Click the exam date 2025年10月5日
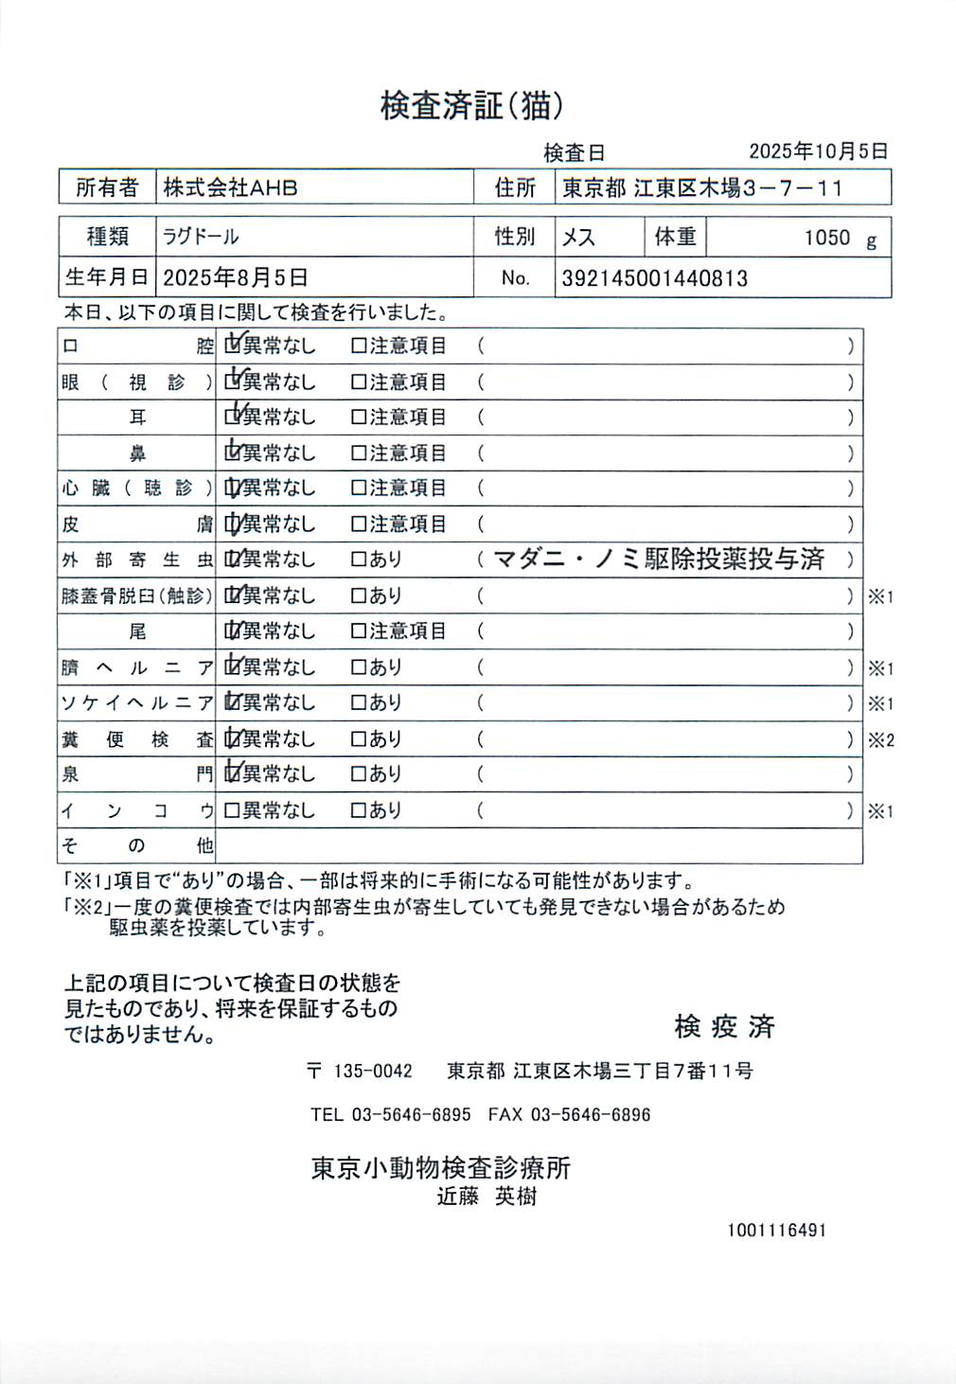(x=818, y=151)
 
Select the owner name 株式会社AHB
(x=230, y=187)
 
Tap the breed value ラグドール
(x=201, y=237)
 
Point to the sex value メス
(x=578, y=237)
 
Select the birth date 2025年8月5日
(x=235, y=277)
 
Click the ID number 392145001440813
(x=654, y=278)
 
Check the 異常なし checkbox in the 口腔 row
(x=232, y=346)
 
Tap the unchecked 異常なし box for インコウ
(x=232, y=810)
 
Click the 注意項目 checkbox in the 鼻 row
(x=359, y=453)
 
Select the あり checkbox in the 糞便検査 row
(x=359, y=739)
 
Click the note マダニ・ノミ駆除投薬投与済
(x=659, y=559)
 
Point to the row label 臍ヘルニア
(x=137, y=667)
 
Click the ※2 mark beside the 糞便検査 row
(x=880, y=740)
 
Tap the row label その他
(x=137, y=845)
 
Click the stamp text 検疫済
(x=724, y=1026)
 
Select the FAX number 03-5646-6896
(x=590, y=1114)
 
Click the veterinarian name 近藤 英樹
(x=487, y=1197)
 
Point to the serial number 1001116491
(x=776, y=1230)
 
